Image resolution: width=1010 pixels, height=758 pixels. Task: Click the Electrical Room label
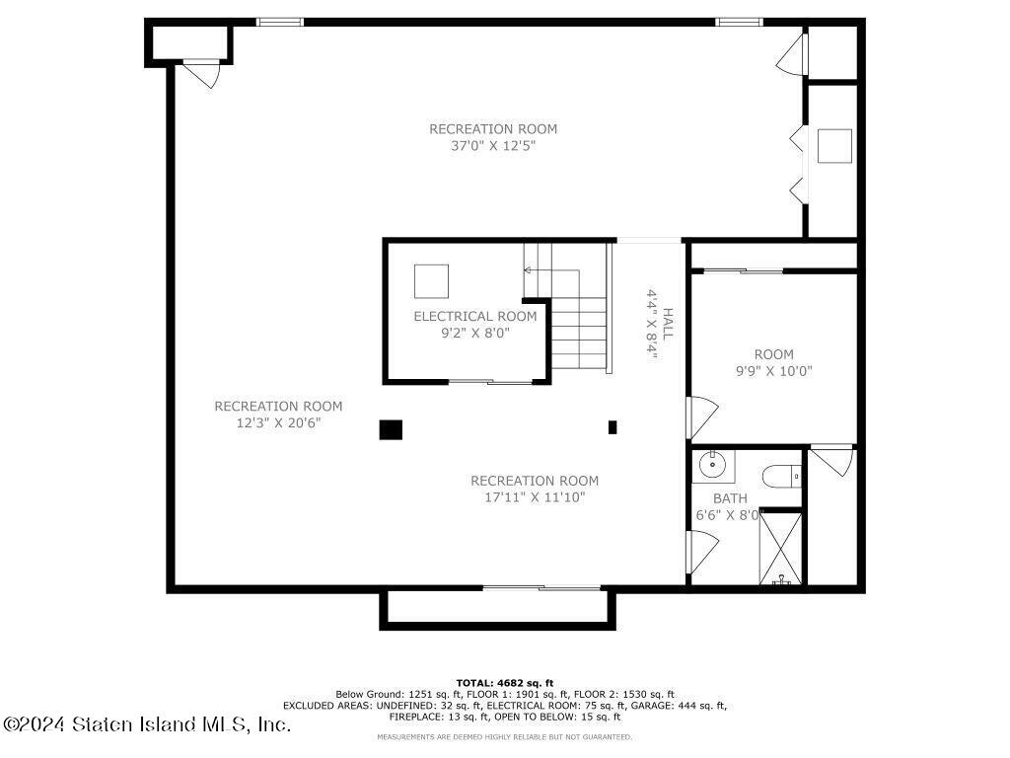475,317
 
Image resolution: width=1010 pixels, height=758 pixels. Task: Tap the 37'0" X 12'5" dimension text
493,146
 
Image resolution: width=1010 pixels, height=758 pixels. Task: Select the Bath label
730,498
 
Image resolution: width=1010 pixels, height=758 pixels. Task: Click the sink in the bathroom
714,466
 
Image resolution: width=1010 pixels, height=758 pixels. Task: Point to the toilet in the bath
782,477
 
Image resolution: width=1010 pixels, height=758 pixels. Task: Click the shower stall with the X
781,549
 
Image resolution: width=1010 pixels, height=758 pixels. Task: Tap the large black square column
391,429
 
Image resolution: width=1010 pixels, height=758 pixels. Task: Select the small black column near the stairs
613,426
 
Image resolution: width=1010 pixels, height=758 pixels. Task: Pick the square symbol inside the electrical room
431,281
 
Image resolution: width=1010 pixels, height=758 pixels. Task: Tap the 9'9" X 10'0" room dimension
773,371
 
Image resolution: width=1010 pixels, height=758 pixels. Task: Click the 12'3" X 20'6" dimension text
278,423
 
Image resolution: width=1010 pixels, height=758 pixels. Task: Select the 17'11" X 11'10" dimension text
535,497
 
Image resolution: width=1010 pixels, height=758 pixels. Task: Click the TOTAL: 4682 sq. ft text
505,683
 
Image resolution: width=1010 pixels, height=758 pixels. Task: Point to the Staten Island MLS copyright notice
147,724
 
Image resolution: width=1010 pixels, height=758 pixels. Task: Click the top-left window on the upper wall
280,22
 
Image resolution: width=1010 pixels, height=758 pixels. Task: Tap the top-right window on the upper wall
739,22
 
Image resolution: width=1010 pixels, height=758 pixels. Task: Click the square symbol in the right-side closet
834,146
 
